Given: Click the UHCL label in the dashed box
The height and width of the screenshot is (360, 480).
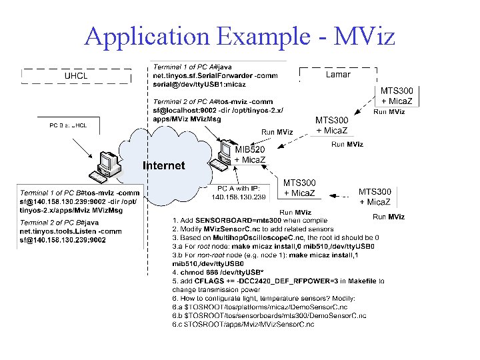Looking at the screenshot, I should pos(77,75).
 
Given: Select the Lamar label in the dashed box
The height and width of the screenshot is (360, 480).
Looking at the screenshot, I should pos(338,75).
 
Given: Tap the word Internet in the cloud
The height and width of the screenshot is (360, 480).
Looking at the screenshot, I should pos(164,165).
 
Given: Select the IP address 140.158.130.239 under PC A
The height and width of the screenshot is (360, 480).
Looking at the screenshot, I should pos(239,197).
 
